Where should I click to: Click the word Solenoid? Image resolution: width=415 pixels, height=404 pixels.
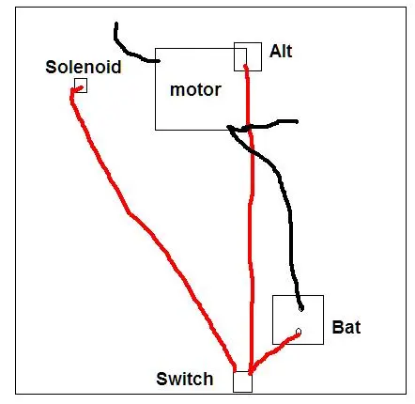tap(84, 67)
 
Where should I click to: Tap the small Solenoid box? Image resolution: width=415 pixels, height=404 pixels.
tap(81, 85)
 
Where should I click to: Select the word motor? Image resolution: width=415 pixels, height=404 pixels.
tap(195, 89)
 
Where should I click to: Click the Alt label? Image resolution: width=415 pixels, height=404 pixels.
tap(281, 51)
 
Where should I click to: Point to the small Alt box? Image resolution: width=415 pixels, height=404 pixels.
tap(248, 56)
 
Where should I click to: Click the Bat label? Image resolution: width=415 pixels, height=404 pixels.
tap(346, 327)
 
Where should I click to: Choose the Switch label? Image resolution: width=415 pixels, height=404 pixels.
tap(185, 379)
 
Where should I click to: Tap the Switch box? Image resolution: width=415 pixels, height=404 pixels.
tap(242, 381)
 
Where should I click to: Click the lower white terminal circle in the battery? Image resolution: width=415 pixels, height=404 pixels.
tap(299, 332)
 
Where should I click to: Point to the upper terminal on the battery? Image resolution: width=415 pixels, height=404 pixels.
tap(301, 308)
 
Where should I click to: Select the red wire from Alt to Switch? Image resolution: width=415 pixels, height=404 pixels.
tap(251, 219)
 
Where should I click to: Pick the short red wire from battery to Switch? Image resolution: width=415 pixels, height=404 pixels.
tap(273, 350)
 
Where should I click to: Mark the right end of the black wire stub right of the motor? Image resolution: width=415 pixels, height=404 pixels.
tap(297, 121)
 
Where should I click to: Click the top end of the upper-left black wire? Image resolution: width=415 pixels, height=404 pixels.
tap(116, 23)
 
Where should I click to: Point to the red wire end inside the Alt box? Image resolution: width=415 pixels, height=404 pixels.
tap(245, 66)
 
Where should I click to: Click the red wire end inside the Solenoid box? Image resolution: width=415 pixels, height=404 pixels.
tap(84, 87)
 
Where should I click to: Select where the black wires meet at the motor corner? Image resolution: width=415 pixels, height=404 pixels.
tap(230, 128)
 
